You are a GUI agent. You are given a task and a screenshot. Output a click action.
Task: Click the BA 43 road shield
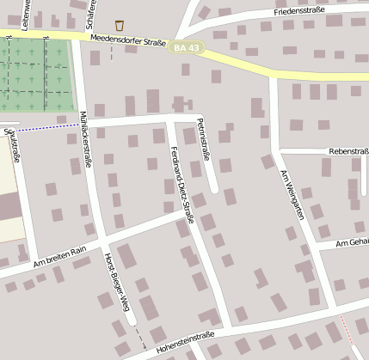click(186, 47)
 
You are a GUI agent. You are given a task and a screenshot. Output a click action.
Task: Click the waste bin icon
click(119, 25)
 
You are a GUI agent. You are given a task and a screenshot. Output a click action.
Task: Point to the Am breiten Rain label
click(60, 257)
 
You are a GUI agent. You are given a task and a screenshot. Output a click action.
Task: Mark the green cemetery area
click(34, 77)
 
